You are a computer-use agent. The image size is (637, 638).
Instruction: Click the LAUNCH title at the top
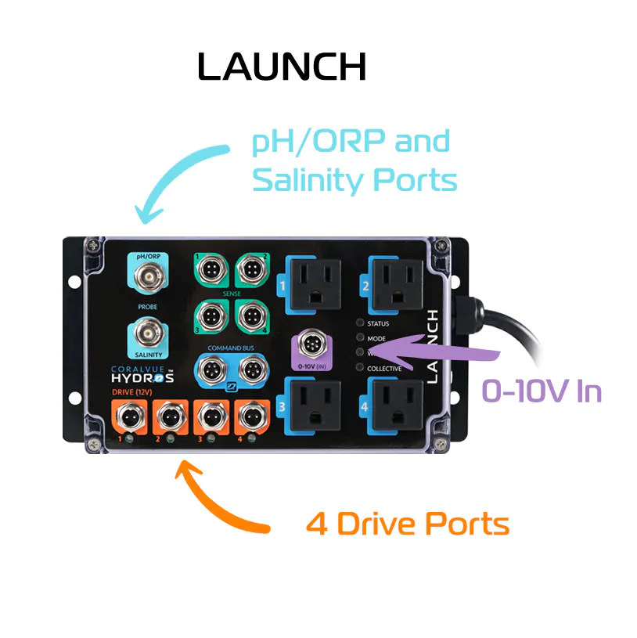click(x=282, y=67)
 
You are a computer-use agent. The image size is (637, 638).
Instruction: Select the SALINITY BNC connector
click(x=148, y=334)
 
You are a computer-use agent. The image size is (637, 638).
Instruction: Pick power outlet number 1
click(x=312, y=283)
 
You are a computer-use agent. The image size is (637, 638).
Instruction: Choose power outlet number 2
click(x=396, y=283)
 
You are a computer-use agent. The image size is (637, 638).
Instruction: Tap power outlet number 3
click(x=312, y=404)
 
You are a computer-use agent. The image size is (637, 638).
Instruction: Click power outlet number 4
click(x=396, y=404)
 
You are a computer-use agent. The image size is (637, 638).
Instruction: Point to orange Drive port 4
click(x=249, y=418)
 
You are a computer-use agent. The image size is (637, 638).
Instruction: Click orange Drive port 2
click(x=167, y=418)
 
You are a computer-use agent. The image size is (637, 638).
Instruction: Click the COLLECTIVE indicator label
click(x=384, y=368)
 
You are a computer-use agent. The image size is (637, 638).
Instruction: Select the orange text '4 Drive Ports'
click(x=407, y=524)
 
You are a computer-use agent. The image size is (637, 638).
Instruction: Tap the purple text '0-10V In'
click(x=542, y=391)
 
